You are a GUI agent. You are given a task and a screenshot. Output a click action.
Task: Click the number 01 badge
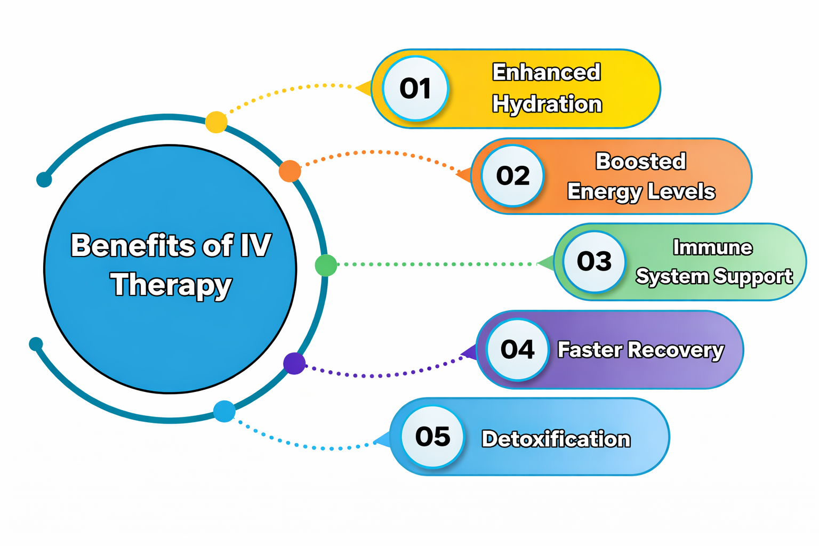click(x=415, y=89)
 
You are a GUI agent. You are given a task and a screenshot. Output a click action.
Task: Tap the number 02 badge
click(x=512, y=176)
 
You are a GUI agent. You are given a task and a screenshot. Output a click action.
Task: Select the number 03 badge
click(x=594, y=261)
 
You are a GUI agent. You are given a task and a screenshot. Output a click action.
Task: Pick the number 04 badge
click(x=517, y=350)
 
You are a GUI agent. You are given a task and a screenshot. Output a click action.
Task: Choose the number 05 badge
click(x=432, y=437)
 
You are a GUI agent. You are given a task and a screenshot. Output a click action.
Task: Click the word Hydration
click(x=547, y=105)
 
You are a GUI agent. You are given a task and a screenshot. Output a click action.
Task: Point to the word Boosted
click(x=640, y=161)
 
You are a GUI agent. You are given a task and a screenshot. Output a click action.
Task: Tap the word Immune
click(x=712, y=247)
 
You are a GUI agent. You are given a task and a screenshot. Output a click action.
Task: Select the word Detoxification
click(x=556, y=439)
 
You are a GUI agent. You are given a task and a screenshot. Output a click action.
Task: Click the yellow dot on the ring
click(x=216, y=122)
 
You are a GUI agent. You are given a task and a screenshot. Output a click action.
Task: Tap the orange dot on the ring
click(x=290, y=171)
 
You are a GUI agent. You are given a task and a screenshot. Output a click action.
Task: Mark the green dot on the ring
click(x=326, y=265)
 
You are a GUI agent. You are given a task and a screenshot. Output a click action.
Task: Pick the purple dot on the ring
click(x=294, y=364)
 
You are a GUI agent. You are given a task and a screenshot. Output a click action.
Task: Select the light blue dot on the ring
click(x=224, y=411)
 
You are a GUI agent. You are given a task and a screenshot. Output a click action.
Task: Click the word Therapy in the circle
click(x=171, y=285)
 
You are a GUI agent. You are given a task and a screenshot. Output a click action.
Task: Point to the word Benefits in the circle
click(x=133, y=246)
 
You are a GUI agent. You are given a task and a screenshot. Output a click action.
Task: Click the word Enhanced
click(x=547, y=73)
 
